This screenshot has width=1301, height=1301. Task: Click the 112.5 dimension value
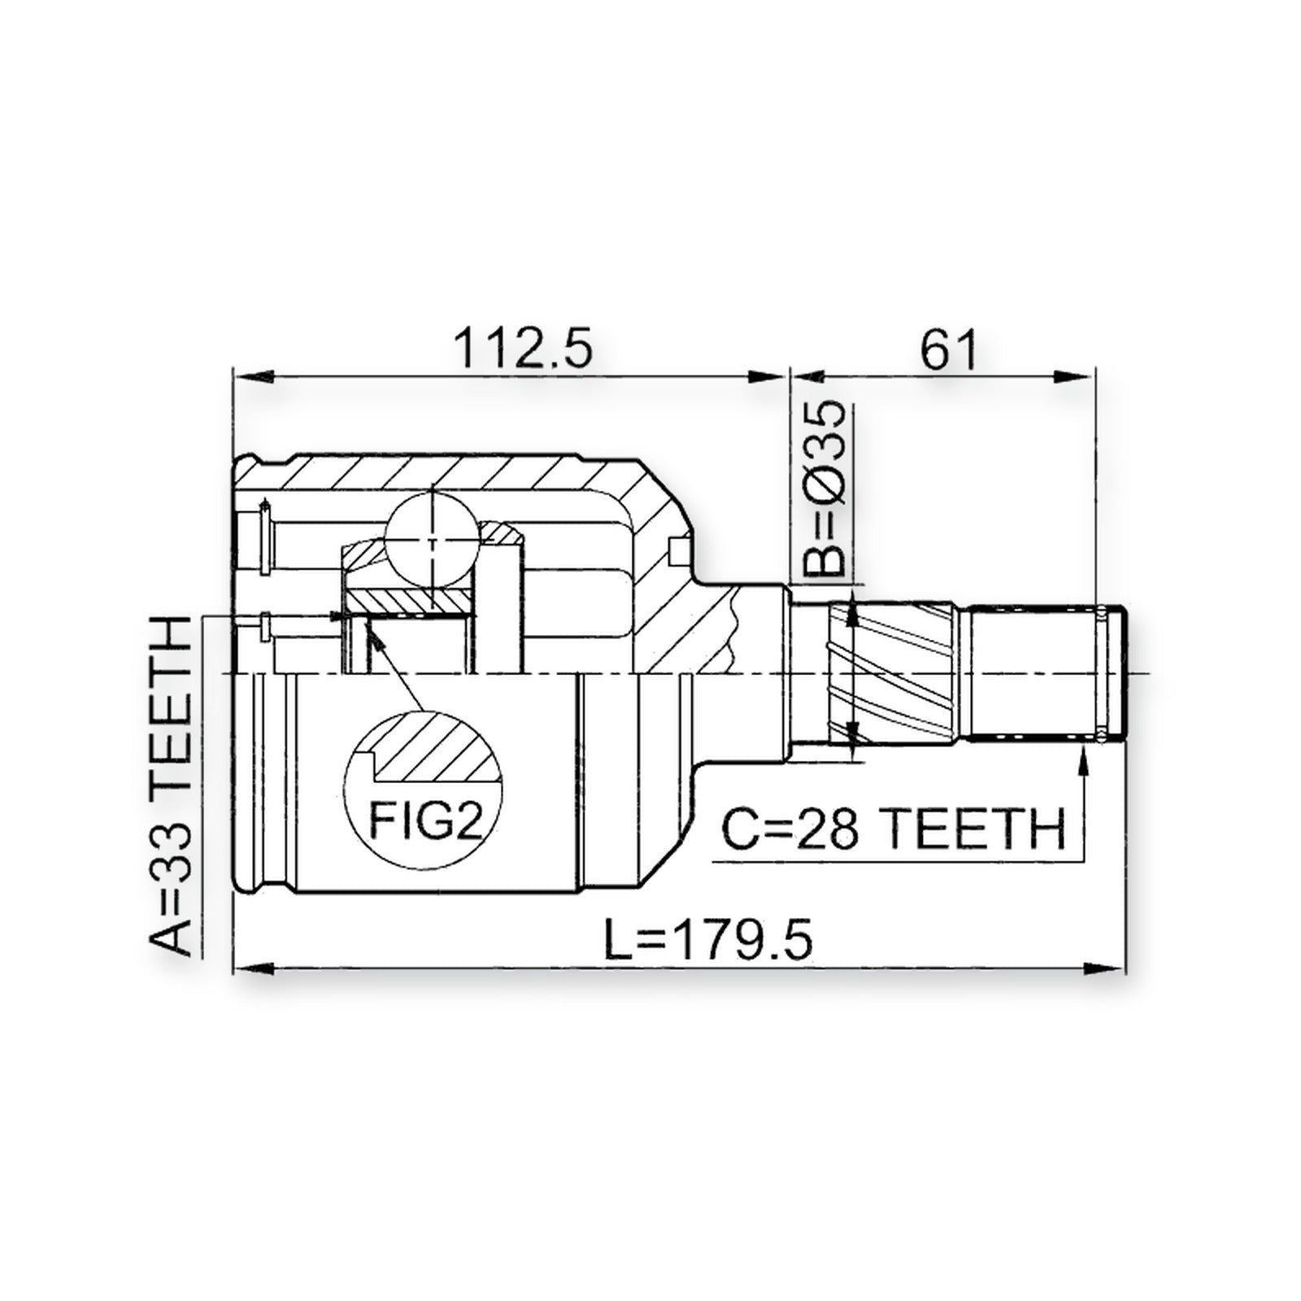click(x=524, y=347)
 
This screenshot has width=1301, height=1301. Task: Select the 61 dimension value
click(x=948, y=347)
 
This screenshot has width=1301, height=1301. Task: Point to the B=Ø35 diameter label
click(x=824, y=489)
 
